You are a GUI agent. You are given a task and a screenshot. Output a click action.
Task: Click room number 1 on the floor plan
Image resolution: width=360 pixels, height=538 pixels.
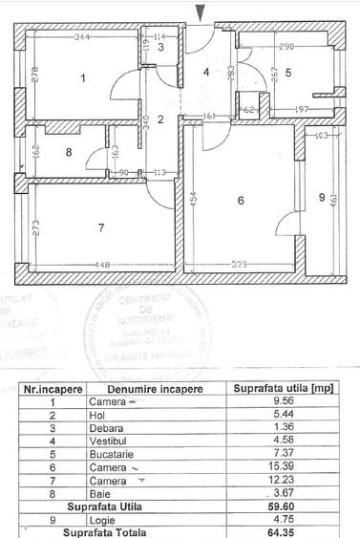click(x=83, y=78)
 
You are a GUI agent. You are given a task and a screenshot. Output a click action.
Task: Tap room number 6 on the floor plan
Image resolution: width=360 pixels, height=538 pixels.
click(x=240, y=200)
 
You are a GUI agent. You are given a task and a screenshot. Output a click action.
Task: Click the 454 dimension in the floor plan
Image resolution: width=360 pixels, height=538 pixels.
click(x=191, y=201)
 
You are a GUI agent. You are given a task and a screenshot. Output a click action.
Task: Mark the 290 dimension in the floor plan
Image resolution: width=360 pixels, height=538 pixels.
click(x=286, y=45)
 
